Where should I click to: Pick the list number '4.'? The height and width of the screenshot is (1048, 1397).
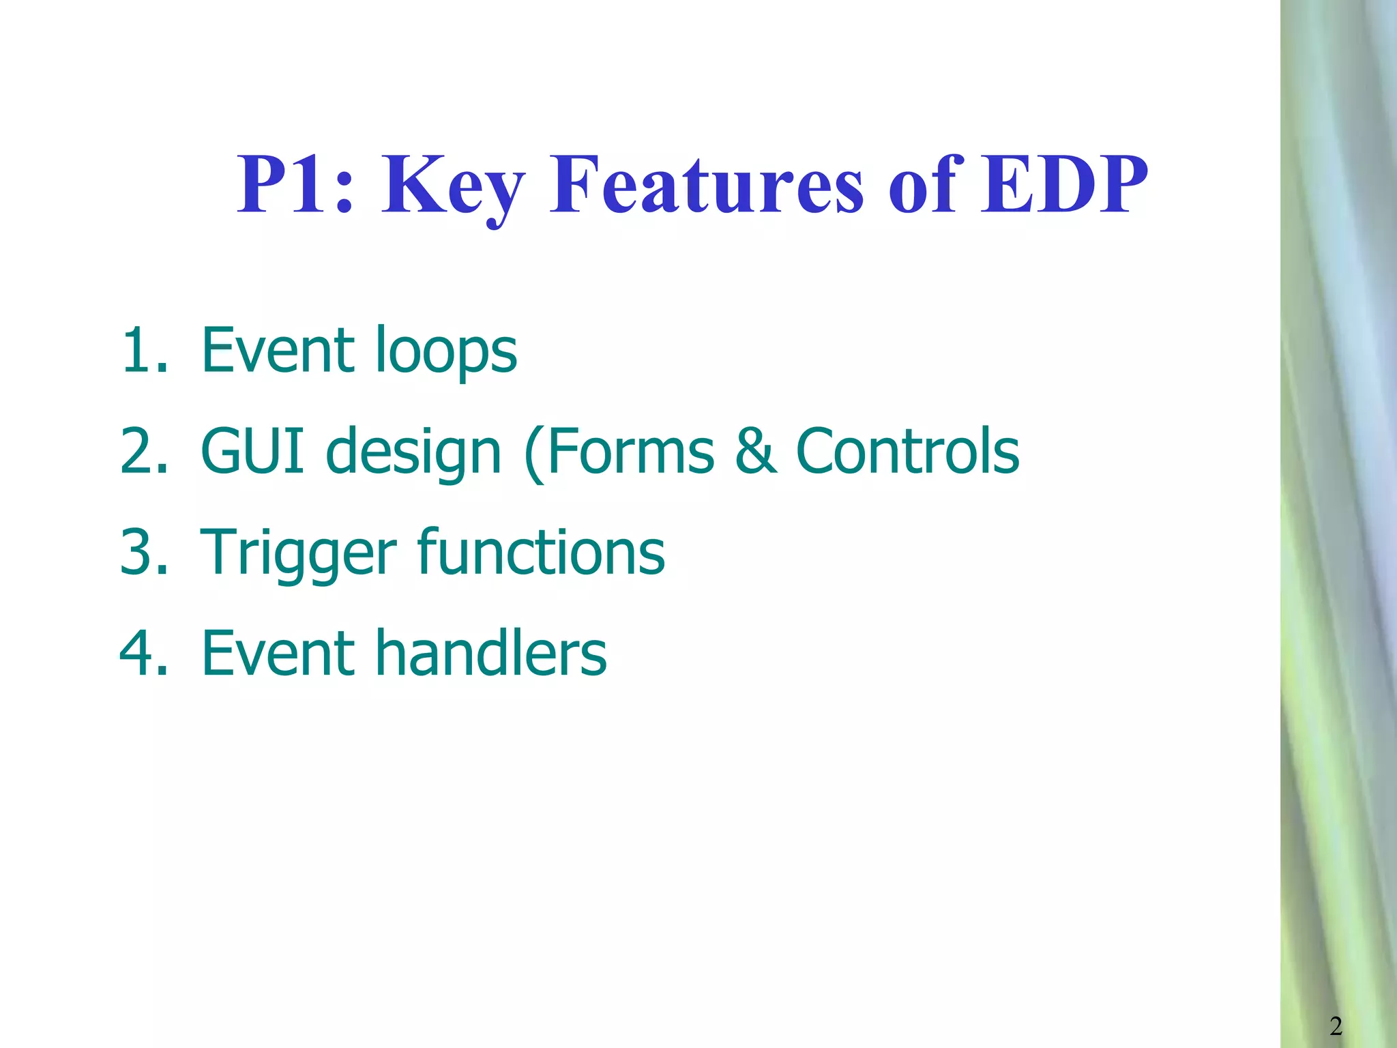point(144,653)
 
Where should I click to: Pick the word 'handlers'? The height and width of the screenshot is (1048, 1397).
point(490,653)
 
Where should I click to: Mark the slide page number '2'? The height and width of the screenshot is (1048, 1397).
point(1336,1025)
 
